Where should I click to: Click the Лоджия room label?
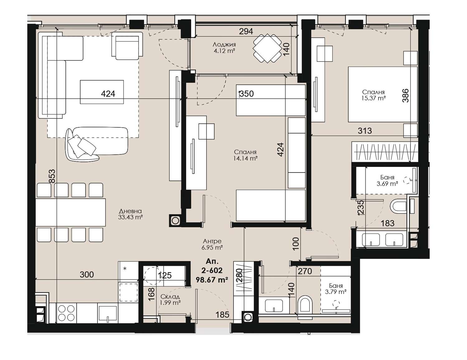224,45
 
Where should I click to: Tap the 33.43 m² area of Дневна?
130,217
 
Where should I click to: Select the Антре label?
212,241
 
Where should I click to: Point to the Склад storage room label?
170,297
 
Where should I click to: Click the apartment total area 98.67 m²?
212,280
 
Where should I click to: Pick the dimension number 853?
52,176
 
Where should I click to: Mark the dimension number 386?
405,95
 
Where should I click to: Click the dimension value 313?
365,131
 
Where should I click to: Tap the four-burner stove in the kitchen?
66,313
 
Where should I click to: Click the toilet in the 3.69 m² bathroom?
398,206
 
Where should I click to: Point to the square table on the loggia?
267,48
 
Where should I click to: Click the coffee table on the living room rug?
102,92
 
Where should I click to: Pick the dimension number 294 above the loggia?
246,31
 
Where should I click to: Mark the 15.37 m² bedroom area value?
373,98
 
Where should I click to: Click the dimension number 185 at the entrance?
222,315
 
